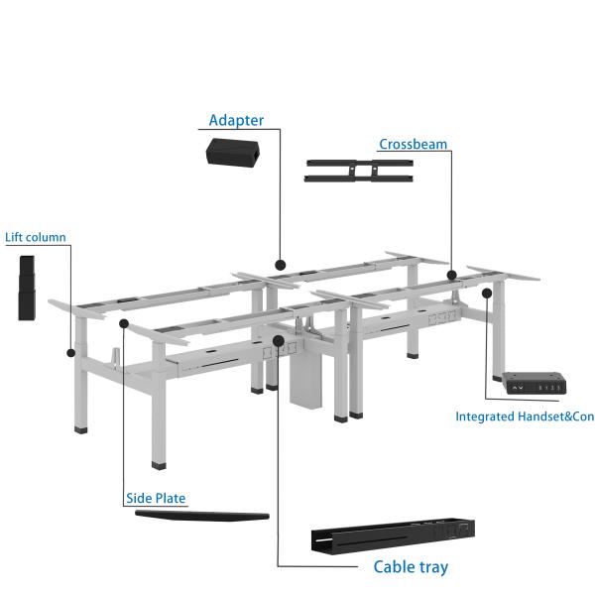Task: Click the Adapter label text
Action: pyautogui.click(x=236, y=121)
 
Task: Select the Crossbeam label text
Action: pyautogui.click(x=413, y=145)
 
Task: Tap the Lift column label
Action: pyautogui.click(x=36, y=238)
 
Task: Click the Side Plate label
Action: pyautogui.click(x=156, y=499)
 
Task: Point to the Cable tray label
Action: pyautogui.click(x=411, y=567)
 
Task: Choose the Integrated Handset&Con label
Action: pyautogui.click(x=525, y=416)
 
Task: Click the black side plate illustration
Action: pyautogui.click(x=201, y=516)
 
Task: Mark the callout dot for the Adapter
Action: pyautogui.click(x=281, y=265)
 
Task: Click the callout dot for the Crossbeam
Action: pyautogui.click(x=451, y=275)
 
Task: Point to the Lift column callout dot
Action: pyautogui.click(x=70, y=351)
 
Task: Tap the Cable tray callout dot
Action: pyautogui.click(x=279, y=340)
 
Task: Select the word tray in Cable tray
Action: pyautogui.click(x=430, y=568)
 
